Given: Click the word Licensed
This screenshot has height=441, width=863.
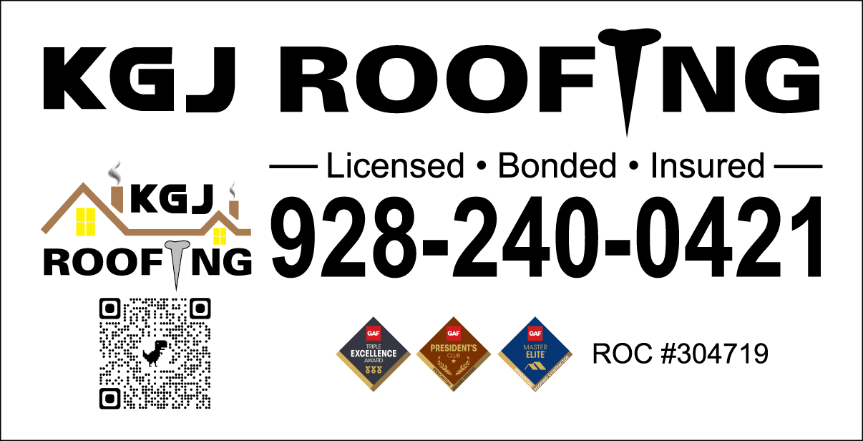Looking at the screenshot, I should click(x=394, y=166).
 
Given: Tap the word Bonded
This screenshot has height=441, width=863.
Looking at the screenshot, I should click(x=557, y=166).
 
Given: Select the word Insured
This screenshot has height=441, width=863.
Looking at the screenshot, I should click(x=707, y=166).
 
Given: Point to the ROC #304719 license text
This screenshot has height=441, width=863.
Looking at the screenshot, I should click(x=680, y=353).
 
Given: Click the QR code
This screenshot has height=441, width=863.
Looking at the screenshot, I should click(x=155, y=354).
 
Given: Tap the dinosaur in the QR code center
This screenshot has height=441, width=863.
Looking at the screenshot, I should click(x=155, y=352).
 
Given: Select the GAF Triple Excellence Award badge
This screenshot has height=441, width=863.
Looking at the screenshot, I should click(x=374, y=354).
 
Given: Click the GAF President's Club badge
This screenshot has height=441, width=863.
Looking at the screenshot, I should click(x=454, y=354).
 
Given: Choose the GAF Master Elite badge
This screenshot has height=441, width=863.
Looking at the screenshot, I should click(x=535, y=354).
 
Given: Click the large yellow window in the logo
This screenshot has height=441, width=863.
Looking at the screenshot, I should click(x=85, y=221).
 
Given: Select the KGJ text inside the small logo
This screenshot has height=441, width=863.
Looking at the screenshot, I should click(x=172, y=198).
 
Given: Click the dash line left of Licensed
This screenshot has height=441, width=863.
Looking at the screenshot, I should click(x=293, y=168).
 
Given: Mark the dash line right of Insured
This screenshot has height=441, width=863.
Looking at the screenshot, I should click(x=799, y=168).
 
